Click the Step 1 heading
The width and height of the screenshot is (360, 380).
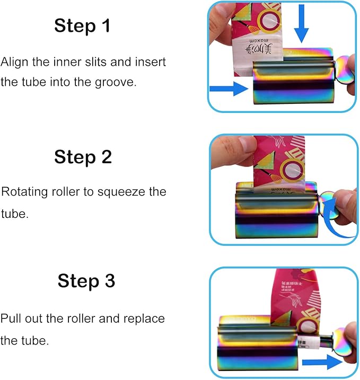pos(82,25)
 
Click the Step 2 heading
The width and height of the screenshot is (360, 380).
pos(83,157)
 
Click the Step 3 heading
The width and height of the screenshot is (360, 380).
pos(86,281)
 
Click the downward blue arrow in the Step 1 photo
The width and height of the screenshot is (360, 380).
pos(302,24)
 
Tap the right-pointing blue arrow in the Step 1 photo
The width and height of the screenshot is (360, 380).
pos(229,89)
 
